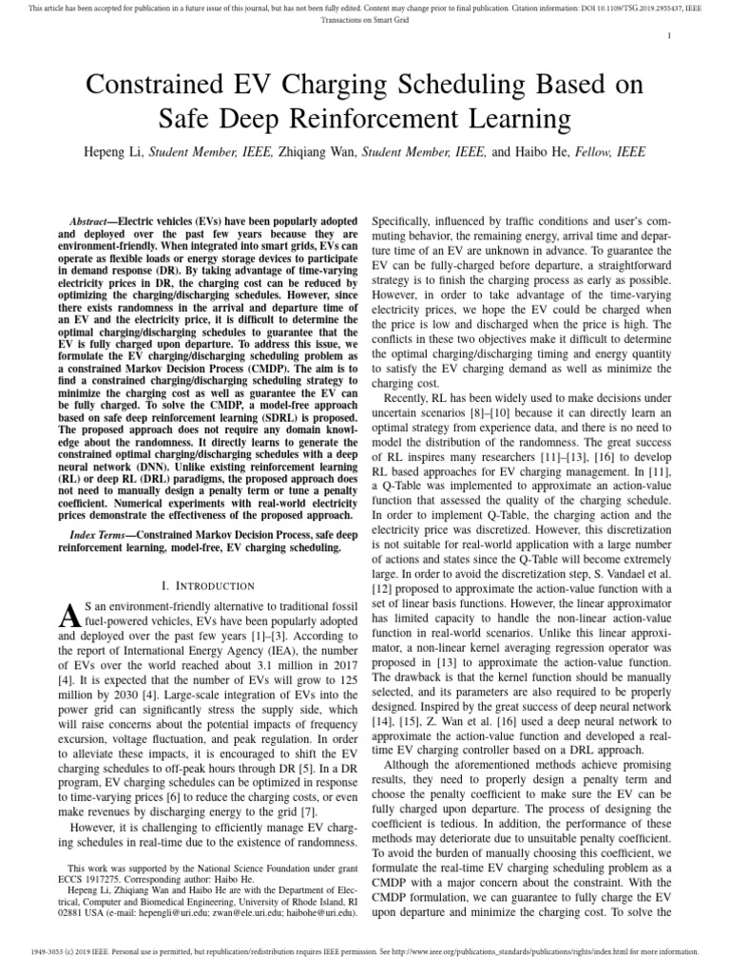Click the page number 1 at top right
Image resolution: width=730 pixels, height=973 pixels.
click(671, 36)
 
